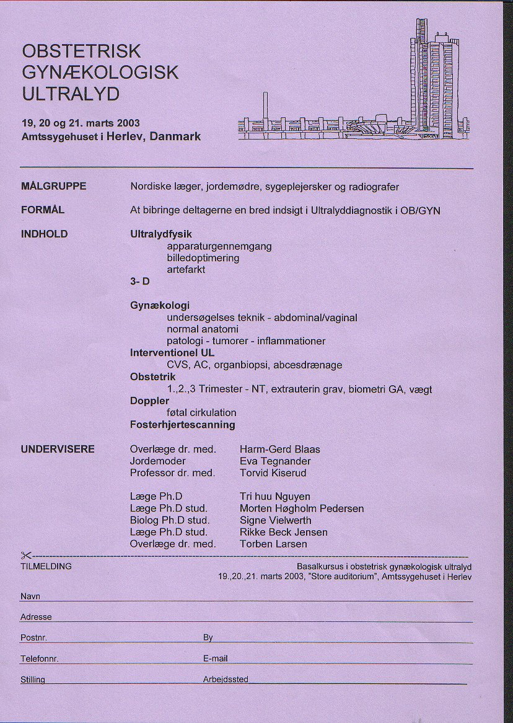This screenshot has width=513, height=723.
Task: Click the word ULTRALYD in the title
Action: click(x=71, y=94)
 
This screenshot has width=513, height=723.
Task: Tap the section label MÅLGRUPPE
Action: click(x=53, y=186)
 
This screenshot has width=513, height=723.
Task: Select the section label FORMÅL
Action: click(x=43, y=210)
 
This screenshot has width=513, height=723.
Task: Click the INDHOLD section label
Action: click(x=45, y=234)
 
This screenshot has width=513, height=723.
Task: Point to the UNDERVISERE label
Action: click(x=58, y=449)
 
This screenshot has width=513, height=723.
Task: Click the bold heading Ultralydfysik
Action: click(x=161, y=234)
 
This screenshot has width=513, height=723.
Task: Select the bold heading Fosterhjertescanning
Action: click(x=182, y=425)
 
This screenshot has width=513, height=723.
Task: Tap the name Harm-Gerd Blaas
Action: click(x=279, y=449)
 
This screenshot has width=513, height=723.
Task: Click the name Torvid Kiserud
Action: click(x=273, y=472)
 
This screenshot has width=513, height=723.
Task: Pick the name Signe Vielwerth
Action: click(x=275, y=520)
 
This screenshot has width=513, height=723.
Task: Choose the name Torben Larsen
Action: click(x=273, y=544)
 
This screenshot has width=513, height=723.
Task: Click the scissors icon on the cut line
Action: click(x=25, y=555)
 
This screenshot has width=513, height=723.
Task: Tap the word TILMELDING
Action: click(x=46, y=566)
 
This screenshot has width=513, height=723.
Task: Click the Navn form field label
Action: click(x=30, y=597)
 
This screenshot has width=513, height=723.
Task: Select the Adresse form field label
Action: click(x=36, y=617)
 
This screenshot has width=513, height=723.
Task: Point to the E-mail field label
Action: click(x=216, y=659)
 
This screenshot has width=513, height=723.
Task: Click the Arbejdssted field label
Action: click(x=226, y=680)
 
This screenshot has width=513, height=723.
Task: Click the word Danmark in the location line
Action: click(x=175, y=136)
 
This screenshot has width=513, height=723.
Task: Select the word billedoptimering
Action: click(x=203, y=258)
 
